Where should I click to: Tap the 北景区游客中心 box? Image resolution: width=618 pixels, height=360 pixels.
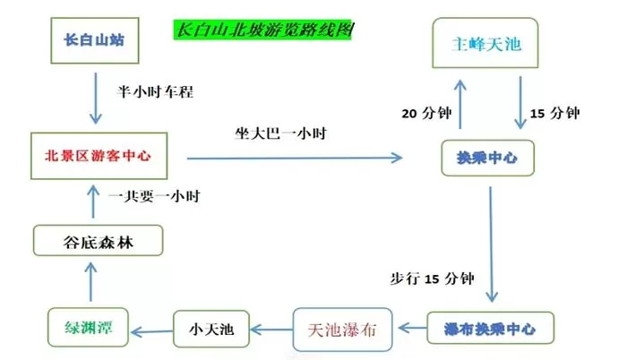tap(99, 155)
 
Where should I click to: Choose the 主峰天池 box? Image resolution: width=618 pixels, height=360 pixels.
tap(487, 40)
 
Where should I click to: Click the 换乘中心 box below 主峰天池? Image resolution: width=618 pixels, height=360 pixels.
tap(487, 159)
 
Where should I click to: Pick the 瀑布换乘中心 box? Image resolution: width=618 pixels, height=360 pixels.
tap(490, 329)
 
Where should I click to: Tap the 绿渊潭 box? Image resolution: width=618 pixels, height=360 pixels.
tap(86, 325)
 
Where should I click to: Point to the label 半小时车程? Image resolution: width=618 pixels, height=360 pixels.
tap(156, 92)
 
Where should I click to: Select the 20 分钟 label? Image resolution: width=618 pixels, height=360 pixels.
tap(425, 113)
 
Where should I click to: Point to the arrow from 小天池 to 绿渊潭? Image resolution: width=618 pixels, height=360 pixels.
tap(150, 329)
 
